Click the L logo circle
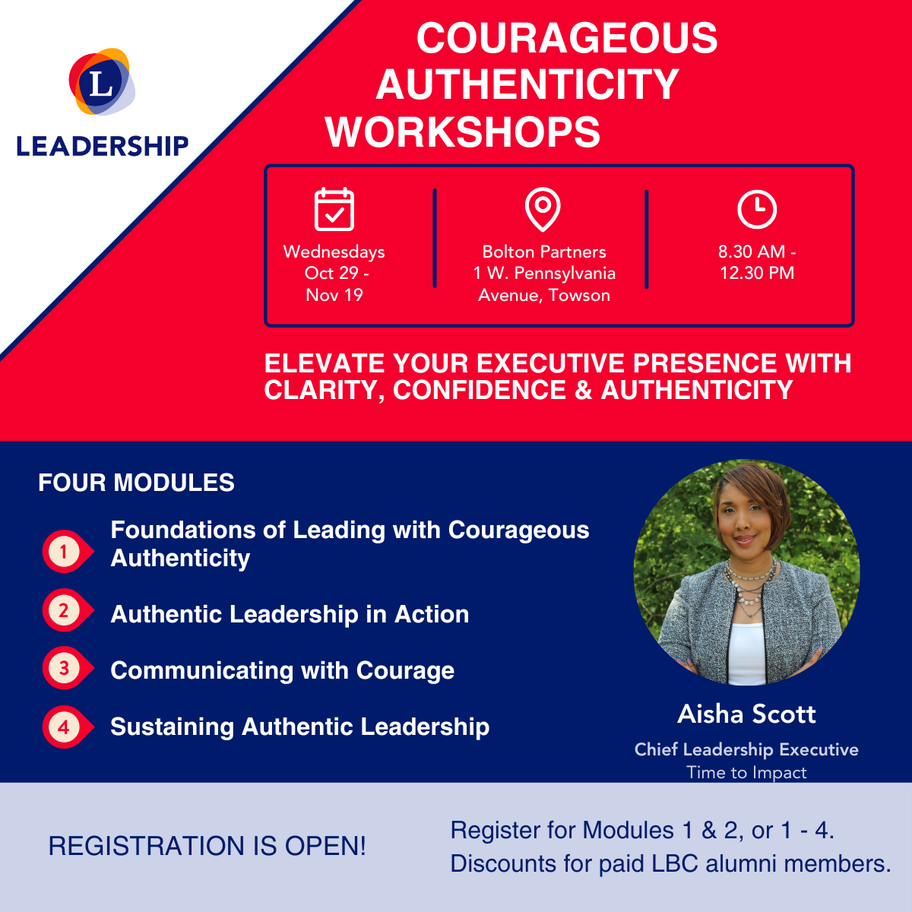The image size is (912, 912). (102, 81)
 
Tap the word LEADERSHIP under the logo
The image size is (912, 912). (103, 146)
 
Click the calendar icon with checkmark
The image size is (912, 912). (334, 209)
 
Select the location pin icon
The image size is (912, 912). (543, 209)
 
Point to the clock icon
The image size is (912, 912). (757, 209)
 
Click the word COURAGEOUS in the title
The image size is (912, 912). (567, 38)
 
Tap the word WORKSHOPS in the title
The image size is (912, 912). (462, 132)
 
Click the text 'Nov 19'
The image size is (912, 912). (334, 295)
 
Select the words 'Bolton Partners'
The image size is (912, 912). (544, 252)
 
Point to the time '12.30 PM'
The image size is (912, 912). (757, 273)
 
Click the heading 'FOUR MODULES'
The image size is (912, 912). (136, 483)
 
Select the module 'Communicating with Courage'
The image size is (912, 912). (283, 671)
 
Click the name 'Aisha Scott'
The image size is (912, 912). (746, 714)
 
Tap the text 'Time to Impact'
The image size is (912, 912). (746, 772)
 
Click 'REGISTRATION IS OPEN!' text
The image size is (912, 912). (207, 846)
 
